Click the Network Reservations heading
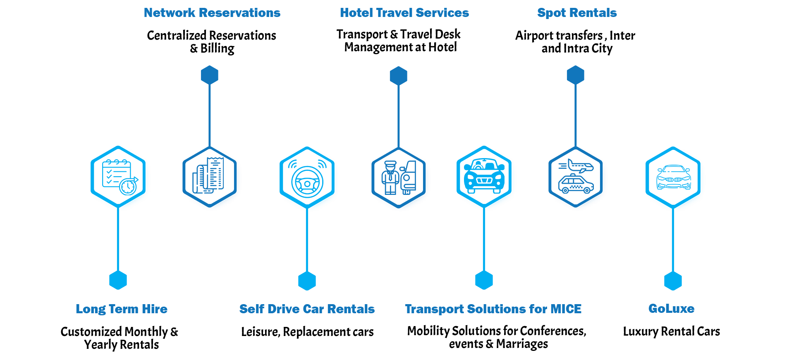tap(212, 13)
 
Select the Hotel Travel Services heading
tap(404, 13)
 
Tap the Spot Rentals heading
tap(577, 13)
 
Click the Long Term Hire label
tap(122, 309)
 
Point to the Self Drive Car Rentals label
tap(307, 309)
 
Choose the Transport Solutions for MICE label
tap(493, 309)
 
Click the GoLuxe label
tap(671, 309)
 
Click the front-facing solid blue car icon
tap(484, 176)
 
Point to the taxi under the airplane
tap(576, 185)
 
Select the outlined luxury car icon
tap(674, 178)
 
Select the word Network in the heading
tap(170, 13)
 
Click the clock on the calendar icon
tap(128, 187)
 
